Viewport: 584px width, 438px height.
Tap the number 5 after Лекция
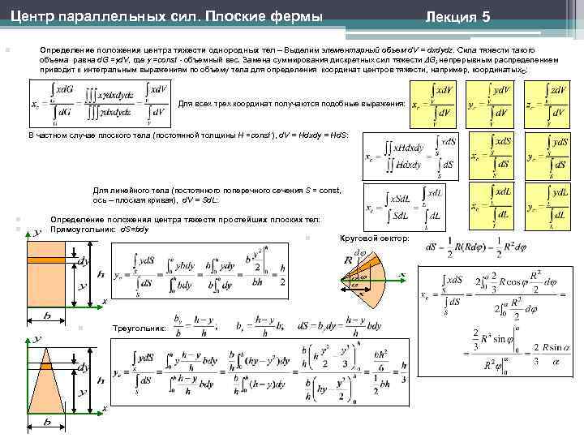[x=485, y=16]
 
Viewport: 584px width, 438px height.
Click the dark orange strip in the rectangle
[x=48, y=261]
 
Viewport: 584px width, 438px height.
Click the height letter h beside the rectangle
[x=100, y=274]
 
